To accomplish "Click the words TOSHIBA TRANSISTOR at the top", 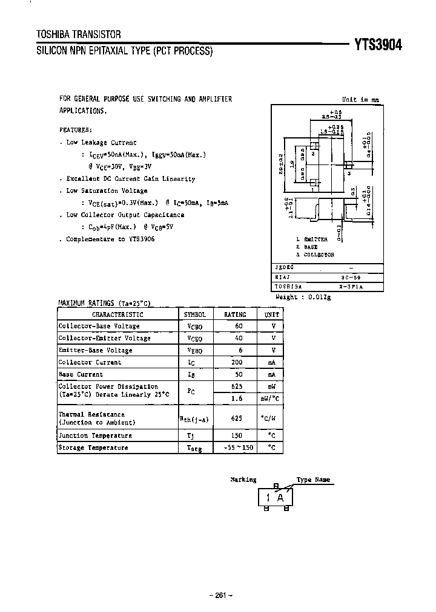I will click(79, 35).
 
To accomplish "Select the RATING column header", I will click(235, 314).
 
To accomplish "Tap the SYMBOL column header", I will click(194, 314).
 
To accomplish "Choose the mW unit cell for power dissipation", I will click(272, 386).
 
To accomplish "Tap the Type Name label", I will click(313, 480).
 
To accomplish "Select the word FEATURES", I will click(76, 129).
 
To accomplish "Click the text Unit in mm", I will click(360, 99).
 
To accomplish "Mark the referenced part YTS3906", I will click(140, 239).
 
